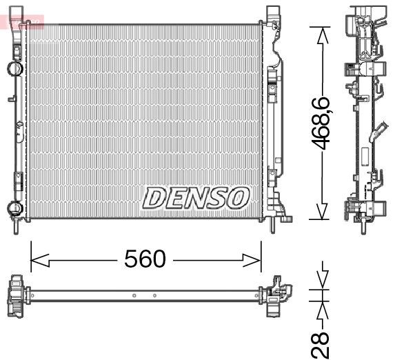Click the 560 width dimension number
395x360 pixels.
pos(145,259)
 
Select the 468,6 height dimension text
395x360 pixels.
pos(321,121)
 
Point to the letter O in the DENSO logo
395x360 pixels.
pos(235,198)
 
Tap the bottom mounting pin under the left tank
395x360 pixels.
pos(14,226)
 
